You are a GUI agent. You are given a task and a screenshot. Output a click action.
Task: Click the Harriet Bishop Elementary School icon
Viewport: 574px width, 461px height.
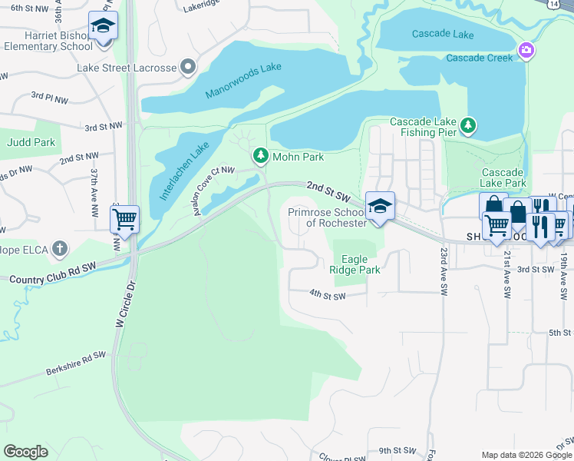pyautogui.click(x=103, y=28)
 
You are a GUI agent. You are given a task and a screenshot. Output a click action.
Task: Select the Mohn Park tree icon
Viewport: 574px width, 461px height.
pyautogui.click(x=261, y=156)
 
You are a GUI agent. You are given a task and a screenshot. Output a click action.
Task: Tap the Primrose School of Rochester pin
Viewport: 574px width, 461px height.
pyautogui.click(x=379, y=206)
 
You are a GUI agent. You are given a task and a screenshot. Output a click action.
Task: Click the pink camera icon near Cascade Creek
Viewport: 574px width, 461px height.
pyautogui.click(x=526, y=51)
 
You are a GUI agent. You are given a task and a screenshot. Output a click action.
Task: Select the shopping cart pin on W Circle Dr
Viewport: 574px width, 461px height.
pyautogui.click(x=124, y=219)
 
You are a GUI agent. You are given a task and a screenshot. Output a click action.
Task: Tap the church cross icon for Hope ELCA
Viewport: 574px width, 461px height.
pyautogui.click(x=60, y=250)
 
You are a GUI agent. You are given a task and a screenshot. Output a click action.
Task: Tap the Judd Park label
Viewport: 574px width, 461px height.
pyautogui.click(x=31, y=142)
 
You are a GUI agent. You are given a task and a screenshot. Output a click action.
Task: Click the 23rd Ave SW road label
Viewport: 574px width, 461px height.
pyautogui.click(x=444, y=272)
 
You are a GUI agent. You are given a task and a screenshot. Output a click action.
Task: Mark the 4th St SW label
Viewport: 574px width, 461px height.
pyautogui.click(x=328, y=294)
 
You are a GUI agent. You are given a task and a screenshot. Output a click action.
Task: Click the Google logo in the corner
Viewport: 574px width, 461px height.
pyautogui.click(x=25, y=451)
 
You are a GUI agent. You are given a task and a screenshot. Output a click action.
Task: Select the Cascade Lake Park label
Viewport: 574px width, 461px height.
pyautogui.click(x=503, y=177)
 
